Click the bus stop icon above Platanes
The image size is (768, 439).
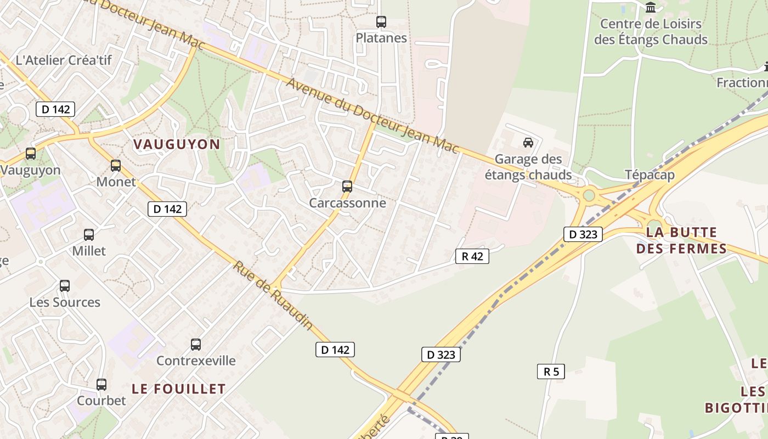pyautogui.click(x=381, y=22)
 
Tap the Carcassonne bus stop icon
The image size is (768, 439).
pyautogui.click(x=347, y=187)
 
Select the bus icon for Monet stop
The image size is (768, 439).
pyautogui.click(x=115, y=165)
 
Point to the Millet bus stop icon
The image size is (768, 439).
pyautogui.click(x=89, y=235)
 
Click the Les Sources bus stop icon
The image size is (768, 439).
pyautogui.click(x=65, y=286)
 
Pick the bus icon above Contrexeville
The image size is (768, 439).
pyautogui.click(x=196, y=345)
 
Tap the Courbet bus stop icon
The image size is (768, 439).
pyautogui.click(x=101, y=385)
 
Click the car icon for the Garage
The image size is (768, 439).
pyautogui.click(x=528, y=143)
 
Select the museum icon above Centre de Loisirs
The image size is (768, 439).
pyautogui.click(x=651, y=8)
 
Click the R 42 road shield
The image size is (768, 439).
pyautogui.click(x=472, y=256)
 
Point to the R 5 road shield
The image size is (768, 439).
pyautogui.click(x=551, y=372)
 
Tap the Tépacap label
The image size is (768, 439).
pyautogui.click(x=650, y=175)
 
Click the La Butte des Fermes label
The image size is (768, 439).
pyautogui.click(x=681, y=240)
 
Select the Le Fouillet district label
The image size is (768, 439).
pyautogui.click(x=179, y=389)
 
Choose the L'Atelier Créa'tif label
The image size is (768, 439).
pyautogui.click(x=64, y=60)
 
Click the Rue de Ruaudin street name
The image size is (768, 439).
pyautogui.click(x=273, y=295)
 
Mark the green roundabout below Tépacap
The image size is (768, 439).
pyautogui.click(x=589, y=194)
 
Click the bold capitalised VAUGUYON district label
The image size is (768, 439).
pyautogui.click(x=177, y=144)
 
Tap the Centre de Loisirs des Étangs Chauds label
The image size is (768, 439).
pyautogui.click(x=651, y=32)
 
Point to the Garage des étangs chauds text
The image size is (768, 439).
pyautogui.click(x=528, y=167)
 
